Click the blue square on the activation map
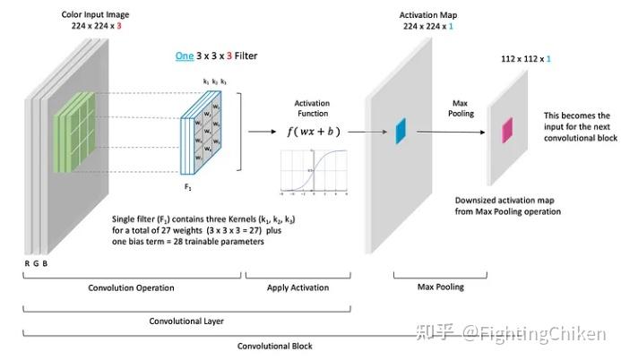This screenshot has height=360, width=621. click(401, 131)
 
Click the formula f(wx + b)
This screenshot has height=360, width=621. click(313, 131)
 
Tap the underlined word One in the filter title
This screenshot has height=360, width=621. click(184, 56)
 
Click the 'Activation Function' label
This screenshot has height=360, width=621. click(312, 109)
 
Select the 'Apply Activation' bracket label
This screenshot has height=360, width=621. click(299, 287)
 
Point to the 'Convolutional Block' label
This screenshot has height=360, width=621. click(267, 346)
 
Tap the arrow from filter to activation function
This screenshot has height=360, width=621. click(260, 131)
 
